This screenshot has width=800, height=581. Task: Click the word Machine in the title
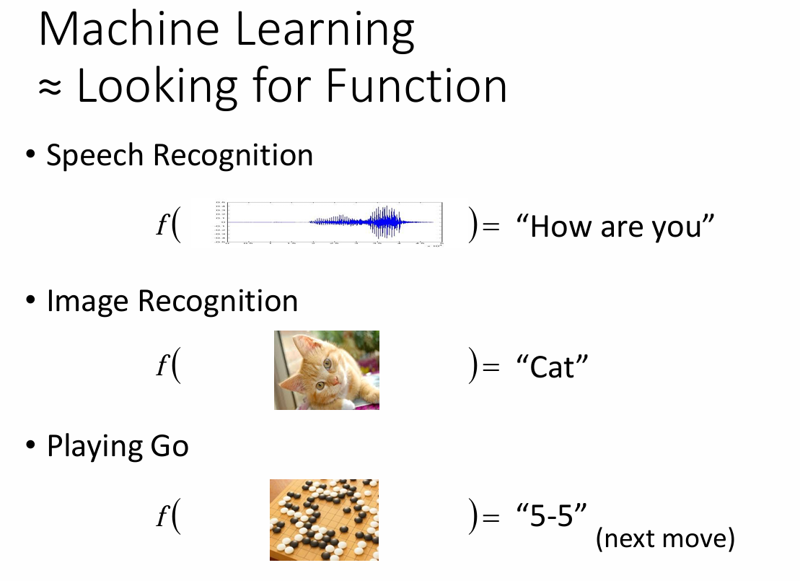coord(129,29)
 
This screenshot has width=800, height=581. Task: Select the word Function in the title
coord(416,85)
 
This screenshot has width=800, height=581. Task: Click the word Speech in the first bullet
coord(94,155)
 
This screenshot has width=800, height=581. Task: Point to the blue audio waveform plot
coord(329,222)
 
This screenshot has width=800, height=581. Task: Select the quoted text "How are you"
coord(615,227)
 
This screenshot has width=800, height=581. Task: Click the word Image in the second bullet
coord(88,301)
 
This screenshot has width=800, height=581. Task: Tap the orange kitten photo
coord(327,370)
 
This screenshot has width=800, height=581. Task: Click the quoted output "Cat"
coord(552,367)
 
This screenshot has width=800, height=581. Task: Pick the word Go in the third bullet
coord(169,446)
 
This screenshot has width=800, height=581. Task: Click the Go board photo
coord(325,520)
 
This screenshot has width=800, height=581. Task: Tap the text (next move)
coord(665,538)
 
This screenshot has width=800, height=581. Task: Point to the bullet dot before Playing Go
coord(30,445)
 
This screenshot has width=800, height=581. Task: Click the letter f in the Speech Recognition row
coord(162,224)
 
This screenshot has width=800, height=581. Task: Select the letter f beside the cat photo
coord(162,365)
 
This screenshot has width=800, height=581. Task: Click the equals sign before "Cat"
coord(491,367)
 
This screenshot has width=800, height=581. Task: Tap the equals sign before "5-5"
coord(491,517)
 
